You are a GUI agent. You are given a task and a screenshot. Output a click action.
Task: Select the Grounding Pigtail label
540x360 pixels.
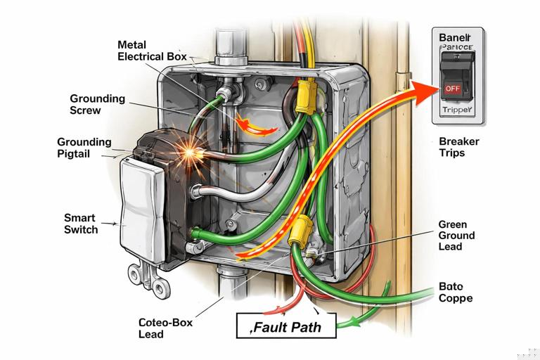click(x=84, y=147)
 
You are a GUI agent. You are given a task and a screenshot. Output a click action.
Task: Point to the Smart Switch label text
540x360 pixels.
click(x=81, y=224)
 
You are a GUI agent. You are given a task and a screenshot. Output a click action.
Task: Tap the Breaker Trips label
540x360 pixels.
click(x=458, y=147)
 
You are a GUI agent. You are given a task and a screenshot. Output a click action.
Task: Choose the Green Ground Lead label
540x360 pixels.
click(x=456, y=236)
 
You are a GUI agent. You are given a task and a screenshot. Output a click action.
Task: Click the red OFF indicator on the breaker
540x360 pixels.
click(x=451, y=89)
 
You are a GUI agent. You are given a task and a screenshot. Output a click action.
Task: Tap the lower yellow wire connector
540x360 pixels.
click(x=299, y=229)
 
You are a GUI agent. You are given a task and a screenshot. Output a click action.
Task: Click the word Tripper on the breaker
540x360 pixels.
click(x=458, y=110)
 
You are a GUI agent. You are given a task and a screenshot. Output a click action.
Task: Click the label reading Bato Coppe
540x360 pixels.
click(x=455, y=292)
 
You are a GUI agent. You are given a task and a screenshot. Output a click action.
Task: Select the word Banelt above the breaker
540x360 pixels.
click(x=456, y=37)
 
